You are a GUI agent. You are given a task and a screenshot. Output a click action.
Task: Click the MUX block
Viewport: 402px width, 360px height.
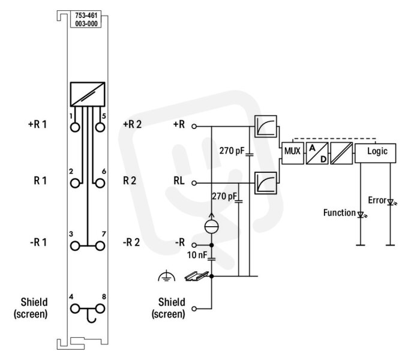(293, 153)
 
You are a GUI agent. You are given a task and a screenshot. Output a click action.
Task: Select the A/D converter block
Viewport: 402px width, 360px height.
(317, 153)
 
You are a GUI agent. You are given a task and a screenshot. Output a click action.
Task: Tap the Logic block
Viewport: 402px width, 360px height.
(376, 153)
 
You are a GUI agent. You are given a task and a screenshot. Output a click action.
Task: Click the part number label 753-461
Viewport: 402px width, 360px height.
(86, 16)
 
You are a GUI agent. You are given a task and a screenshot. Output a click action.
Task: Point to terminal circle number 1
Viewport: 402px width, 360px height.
(75, 127)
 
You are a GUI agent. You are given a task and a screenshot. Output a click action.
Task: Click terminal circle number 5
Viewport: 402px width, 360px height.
(100, 127)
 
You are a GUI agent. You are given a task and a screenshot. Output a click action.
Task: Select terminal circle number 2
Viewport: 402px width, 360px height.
(75, 184)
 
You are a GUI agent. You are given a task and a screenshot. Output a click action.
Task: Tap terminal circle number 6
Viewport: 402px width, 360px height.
(100, 184)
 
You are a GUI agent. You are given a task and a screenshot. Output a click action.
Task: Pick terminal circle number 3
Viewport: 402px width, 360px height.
(75, 246)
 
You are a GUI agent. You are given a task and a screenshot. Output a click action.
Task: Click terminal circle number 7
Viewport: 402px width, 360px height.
(100, 246)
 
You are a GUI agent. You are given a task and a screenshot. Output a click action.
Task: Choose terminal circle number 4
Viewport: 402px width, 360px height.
(75, 309)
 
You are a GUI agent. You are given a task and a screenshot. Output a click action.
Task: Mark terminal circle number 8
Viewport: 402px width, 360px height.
(100, 309)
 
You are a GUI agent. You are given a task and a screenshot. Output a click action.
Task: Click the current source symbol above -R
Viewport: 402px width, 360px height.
(212, 226)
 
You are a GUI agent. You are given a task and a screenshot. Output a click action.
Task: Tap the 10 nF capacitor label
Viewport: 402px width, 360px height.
(197, 255)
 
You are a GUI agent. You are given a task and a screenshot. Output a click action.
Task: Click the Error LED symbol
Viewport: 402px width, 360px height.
(391, 202)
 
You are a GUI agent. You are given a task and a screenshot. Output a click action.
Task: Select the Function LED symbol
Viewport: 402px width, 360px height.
(361, 215)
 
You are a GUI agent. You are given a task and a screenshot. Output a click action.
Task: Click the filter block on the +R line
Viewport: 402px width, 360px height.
(266, 127)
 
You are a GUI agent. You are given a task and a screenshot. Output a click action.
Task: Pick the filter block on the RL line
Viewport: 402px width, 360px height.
(266, 183)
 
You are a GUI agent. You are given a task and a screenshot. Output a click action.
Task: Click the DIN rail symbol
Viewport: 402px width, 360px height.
(196, 275)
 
